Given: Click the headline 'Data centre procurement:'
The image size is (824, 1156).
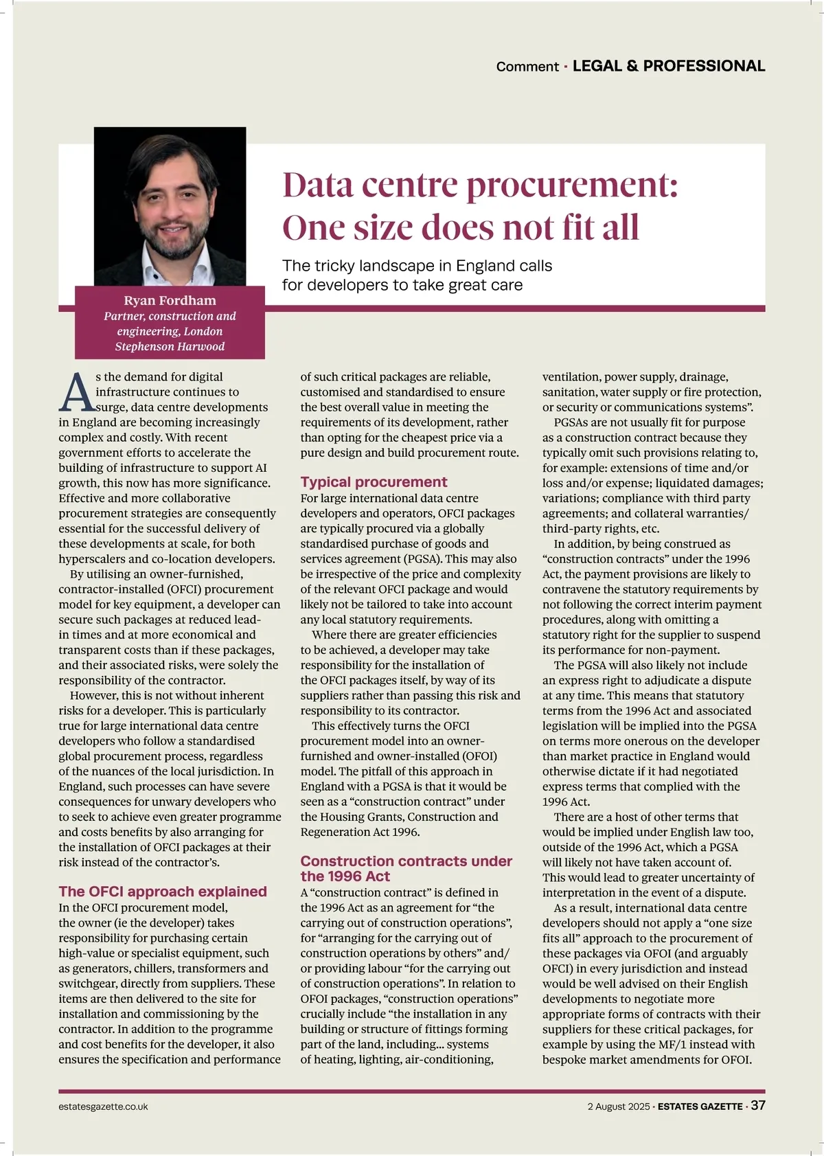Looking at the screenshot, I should pos(479,185).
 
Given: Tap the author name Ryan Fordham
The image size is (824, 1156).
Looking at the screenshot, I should pos(170,300).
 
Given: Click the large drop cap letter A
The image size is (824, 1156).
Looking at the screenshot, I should pos(76,392).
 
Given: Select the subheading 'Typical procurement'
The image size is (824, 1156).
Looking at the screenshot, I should pos(374,482).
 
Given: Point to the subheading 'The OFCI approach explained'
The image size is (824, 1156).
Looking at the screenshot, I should pos(163,892).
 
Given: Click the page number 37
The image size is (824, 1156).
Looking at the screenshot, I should pos(757,1105).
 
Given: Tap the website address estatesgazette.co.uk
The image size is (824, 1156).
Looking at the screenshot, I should pos(103,1107).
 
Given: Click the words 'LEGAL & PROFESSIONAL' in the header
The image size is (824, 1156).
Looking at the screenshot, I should pos(669,66).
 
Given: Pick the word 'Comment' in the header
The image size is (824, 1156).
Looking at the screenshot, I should pos(527,67).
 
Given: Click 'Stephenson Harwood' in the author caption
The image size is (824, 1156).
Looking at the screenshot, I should pos(170,346).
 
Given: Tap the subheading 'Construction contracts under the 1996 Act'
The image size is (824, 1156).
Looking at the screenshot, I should pos(406,868).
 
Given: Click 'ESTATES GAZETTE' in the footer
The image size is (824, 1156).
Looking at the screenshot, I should pos(700,1107).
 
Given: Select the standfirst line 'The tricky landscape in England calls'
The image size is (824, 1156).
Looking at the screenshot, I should pos(417,266).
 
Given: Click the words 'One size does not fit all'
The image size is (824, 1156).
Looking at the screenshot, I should pos(460,227).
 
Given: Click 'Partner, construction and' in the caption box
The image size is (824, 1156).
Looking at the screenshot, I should pos(170,316).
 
